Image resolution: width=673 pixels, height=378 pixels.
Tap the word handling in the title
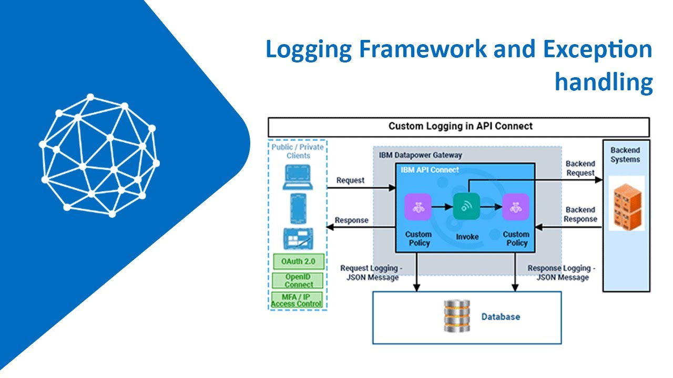point(604,82)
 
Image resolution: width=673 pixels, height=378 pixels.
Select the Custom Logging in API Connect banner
point(459,127)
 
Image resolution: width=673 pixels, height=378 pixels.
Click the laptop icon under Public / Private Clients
point(298,177)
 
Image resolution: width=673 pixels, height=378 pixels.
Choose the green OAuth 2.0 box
point(298,261)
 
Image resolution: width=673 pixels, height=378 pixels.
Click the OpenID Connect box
point(298,280)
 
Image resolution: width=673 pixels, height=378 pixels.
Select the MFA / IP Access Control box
point(297,300)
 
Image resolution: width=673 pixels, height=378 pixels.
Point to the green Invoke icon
point(466,206)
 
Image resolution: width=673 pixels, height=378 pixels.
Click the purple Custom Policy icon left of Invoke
point(418,207)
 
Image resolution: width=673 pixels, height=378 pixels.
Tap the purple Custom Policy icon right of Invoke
point(515,207)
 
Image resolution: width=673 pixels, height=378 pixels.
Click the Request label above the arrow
point(350,180)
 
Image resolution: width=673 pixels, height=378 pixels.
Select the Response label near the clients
point(352,220)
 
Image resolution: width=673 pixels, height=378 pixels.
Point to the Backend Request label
point(580,169)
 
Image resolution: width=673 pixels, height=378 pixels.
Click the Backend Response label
point(580,214)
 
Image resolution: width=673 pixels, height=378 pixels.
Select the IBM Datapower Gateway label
point(420,155)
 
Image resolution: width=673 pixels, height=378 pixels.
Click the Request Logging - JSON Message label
point(370,272)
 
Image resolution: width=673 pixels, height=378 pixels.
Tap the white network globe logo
point(98,156)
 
